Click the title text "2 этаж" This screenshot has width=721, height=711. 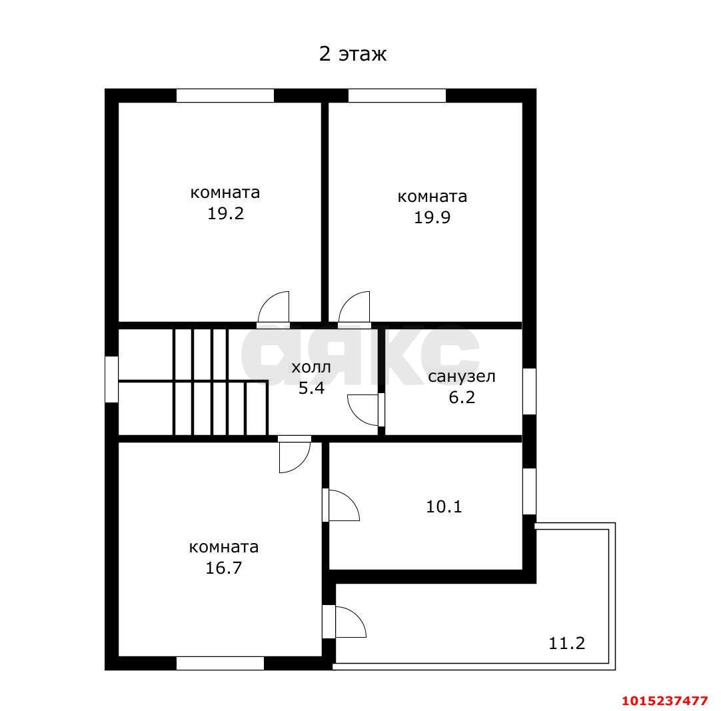click(x=353, y=54)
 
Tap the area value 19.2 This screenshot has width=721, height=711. click(x=225, y=214)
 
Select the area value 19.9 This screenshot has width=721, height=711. click(x=432, y=217)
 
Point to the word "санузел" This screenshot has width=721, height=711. click(x=461, y=376)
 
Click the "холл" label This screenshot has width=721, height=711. click(x=311, y=367)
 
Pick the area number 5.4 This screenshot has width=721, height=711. click(x=311, y=388)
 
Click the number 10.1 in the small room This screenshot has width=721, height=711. click(x=444, y=507)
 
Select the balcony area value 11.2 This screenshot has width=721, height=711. click(x=566, y=643)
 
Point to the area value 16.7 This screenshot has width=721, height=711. click(x=224, y=568)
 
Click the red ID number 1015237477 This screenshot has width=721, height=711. click(x=664, y=701)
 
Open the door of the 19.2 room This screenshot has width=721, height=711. click(x=274, y=309)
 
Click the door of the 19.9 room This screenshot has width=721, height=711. click(x=354, y=309)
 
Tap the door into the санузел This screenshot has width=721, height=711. click(x=366, y=409)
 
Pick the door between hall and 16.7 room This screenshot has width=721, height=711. click(x=295, y=455)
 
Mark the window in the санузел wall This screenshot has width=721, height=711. click(x=528, y=391)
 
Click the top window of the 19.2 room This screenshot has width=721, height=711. click(x=225, y=95)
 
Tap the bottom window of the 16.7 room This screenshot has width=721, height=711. click(x=220, y=663)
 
